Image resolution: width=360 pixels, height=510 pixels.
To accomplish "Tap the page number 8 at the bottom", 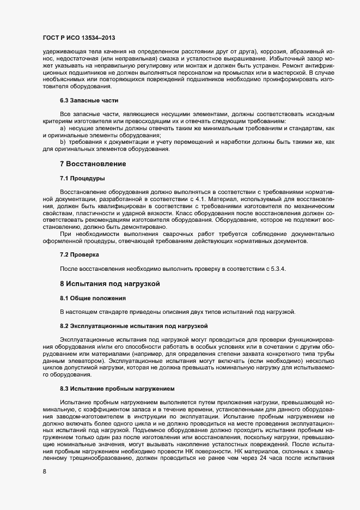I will pos(44,472).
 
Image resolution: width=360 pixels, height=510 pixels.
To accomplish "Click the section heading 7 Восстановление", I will pos(93,163).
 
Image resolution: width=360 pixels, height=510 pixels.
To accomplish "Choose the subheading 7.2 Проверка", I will pos(80,254).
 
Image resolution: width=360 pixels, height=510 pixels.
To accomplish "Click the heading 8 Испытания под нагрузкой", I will pos(108,284).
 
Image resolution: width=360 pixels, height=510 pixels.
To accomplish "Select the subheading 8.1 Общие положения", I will pos(93,298).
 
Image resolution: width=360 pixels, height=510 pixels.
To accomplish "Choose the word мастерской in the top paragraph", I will pos(281,72).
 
